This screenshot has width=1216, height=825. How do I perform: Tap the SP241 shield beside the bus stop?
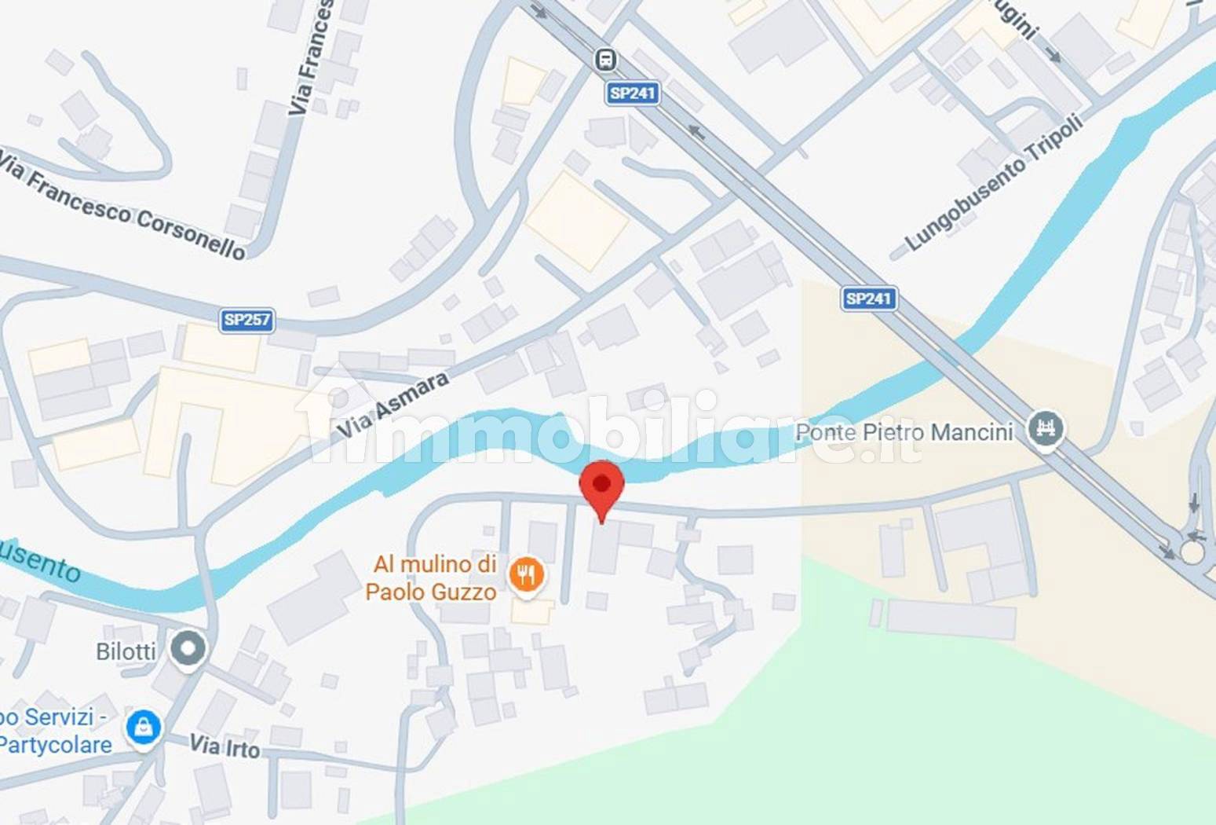click(632, 93)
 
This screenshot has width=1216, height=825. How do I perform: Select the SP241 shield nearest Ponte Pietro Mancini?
click(869, 299)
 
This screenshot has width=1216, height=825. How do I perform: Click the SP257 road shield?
click(246, 320)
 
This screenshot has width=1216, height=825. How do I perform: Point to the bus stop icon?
click(605, 60)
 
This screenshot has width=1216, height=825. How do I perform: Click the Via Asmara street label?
click(393, 404)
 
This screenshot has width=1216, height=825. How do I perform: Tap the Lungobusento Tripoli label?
click(994, 182)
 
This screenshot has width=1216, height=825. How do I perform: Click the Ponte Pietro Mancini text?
click(904, 432)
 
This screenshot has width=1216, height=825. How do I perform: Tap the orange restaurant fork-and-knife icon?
click(526, 575)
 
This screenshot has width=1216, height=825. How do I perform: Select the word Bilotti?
click(126, 651)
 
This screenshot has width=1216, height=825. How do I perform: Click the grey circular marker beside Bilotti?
click(188, 650)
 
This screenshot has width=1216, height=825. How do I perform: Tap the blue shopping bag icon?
click(144, 728)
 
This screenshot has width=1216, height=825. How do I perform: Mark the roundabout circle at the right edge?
click(1192, 552)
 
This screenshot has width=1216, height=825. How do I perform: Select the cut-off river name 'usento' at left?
click(39, 560)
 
